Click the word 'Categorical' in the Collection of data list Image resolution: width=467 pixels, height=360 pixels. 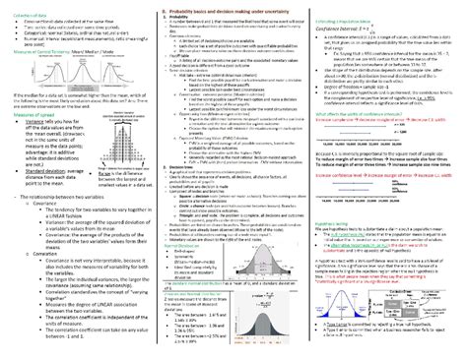point(31,29)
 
